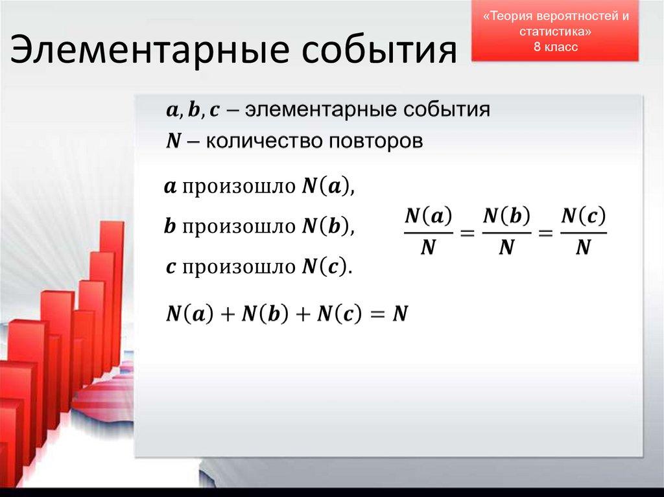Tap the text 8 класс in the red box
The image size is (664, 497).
pos(555,47)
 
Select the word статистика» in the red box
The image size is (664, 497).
pos(555,32)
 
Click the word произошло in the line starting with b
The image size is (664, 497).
pos(240,227)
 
